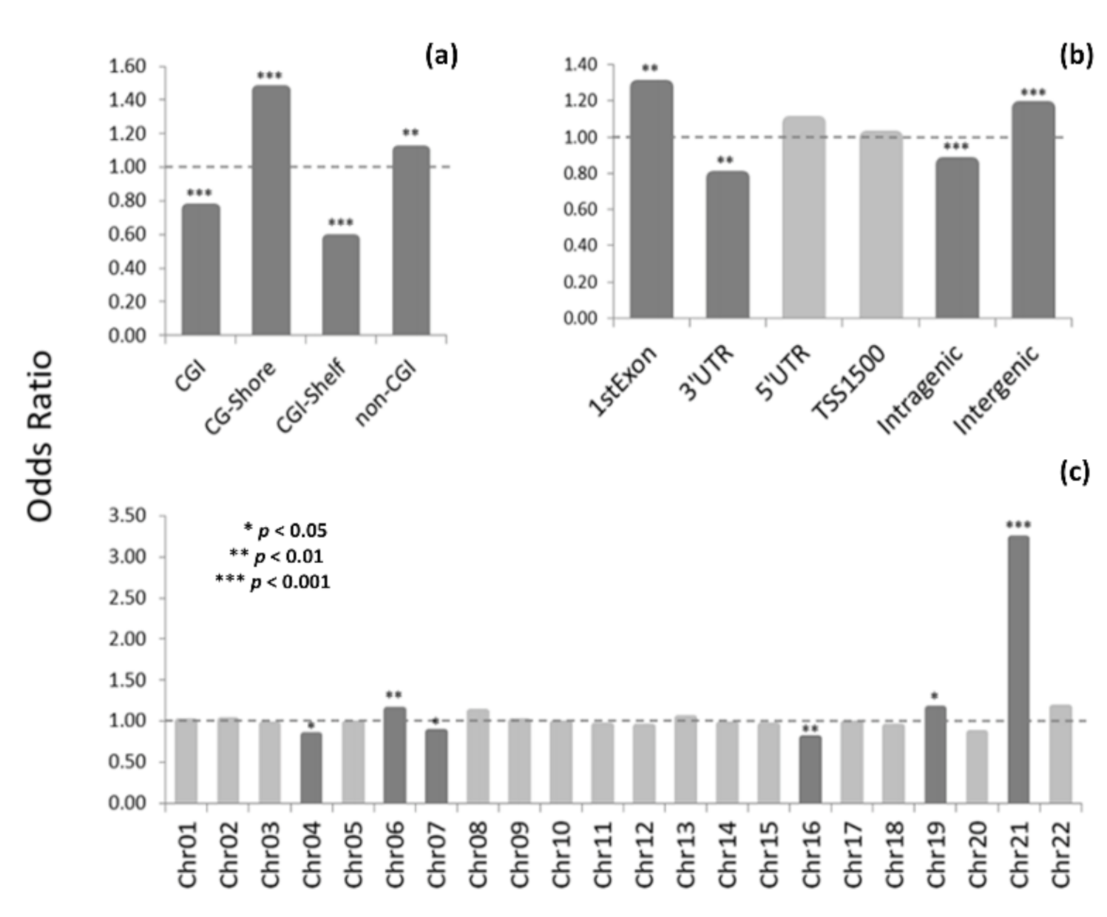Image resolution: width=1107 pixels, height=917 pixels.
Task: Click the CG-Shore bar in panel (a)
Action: point(271,211)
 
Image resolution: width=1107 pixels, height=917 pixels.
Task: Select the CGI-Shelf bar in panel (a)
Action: point(341,286)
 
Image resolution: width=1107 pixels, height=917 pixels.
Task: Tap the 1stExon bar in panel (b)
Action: point(651,200)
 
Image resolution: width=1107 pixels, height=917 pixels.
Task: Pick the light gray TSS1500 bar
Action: point(881,225)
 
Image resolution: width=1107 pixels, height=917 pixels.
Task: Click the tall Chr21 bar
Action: point(1018,670)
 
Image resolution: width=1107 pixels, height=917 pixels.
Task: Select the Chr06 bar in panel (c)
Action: point(394,755)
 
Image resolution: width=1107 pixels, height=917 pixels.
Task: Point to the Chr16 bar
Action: point(810,769)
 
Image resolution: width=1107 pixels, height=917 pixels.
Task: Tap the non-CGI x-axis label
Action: point(386,392)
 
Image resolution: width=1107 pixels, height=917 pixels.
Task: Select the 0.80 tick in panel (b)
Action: point(581,173)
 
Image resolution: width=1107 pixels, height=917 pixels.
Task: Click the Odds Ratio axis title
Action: point(40,437)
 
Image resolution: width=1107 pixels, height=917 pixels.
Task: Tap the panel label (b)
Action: point(1076,56)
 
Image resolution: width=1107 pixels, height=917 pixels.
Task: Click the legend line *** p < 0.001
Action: point(273,582)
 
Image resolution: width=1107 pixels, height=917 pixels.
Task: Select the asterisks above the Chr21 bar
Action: point(1018,525)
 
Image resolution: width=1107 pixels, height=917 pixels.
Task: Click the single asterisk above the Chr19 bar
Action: point(935,696)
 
